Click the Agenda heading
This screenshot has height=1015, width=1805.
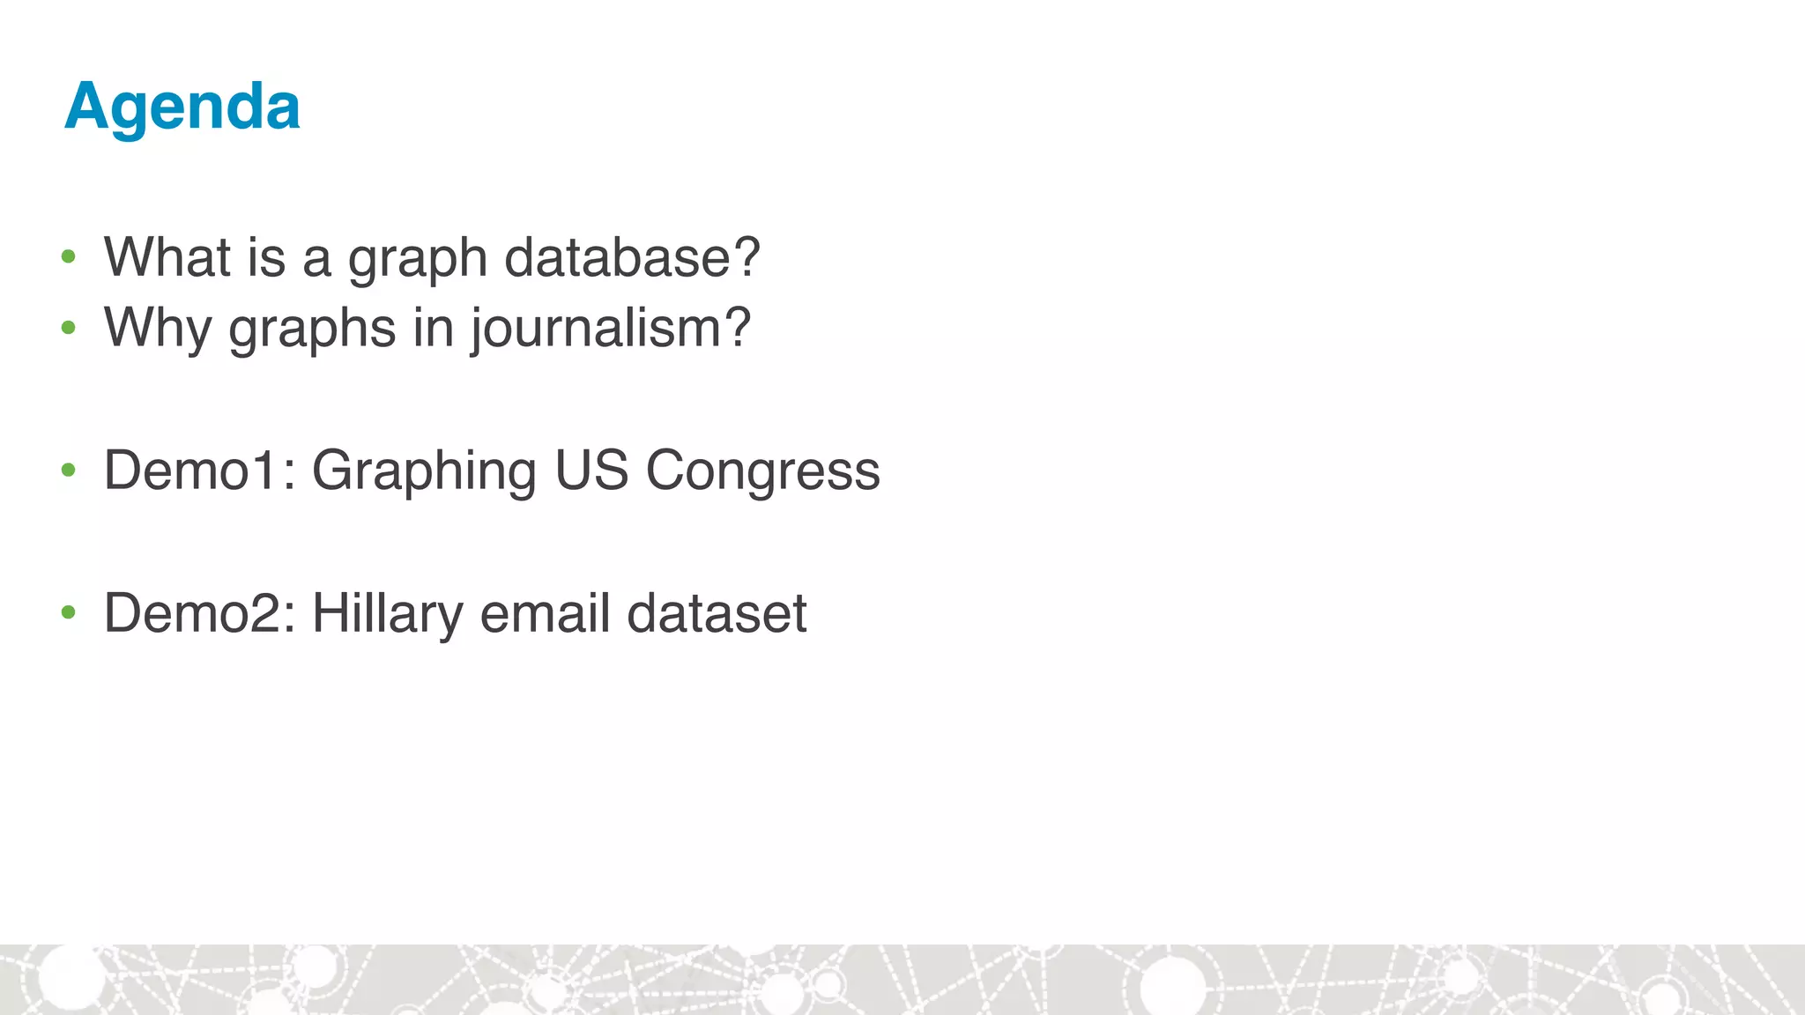[182, 107]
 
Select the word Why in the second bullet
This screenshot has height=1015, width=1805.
[158, 328]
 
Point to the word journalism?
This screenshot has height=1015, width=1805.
[610, 328]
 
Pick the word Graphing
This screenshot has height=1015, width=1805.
[424, 470]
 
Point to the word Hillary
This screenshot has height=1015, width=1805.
[387, 613]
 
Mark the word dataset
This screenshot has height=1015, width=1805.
[717, 613]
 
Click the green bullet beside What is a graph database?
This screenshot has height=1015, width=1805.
[69, 257]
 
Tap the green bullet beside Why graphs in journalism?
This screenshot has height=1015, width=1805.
[69, 329]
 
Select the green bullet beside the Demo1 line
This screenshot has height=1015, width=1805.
[69, 470]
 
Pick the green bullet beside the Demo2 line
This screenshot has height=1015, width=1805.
[69, 612]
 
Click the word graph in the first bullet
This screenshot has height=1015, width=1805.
[418, 259]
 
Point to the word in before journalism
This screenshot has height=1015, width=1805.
[434, 328]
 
